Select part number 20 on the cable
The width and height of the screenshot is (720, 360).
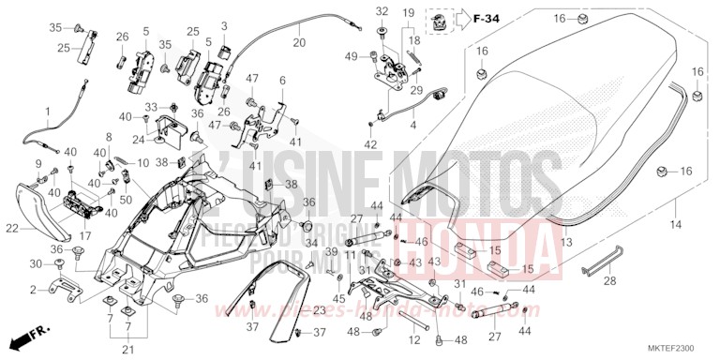299,43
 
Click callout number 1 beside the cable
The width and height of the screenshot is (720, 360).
48,112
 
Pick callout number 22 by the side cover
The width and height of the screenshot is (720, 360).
12,228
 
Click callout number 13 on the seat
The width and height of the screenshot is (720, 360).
564,242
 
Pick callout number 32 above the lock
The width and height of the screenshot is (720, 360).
382,11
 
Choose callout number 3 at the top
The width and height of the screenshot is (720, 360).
224,24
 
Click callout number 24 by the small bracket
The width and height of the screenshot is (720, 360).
138,141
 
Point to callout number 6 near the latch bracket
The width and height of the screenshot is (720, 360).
282,82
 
